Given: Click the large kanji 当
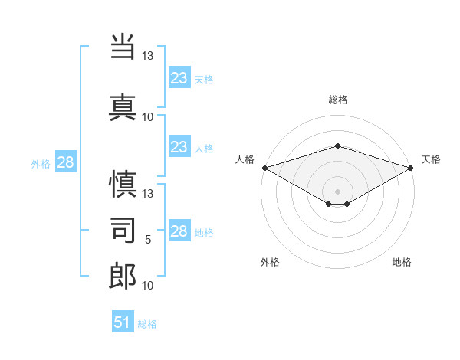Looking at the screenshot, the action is pyautogui.click(x=123, y=47).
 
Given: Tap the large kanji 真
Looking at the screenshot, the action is pyautogui.click(x=123, y=107).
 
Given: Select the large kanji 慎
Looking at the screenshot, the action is pyautogui.click(x=123, y=184).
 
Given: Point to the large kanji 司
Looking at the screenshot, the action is pyautogui.click(x=123, y=230).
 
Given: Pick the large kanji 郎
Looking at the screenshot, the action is pyautogui.click(x=123, y=276).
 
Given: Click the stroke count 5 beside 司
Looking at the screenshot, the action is pyautogui.click(x=148, y=240).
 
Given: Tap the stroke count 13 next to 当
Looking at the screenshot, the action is pyautogui.click(x=147, y=55).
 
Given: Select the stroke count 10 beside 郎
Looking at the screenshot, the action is pyautogui.click(x=147, y=285).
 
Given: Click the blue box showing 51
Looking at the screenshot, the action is pyautogui.click(x=123, y=321).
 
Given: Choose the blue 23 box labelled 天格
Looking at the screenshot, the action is pyautogui.click(x=179, y=77).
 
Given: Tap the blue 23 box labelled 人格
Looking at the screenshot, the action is pyautogui.click(x=179, y=146).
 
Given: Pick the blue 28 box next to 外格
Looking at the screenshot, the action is pyautogui.click(x=66, y=162).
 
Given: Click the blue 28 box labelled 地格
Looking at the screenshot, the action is pyautogui.click(x=179, y=230).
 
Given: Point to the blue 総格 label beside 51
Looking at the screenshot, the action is pyautogui.click(x=147, y=324).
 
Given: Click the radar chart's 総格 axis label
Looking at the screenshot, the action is pyautogui.click(x=338, y=100).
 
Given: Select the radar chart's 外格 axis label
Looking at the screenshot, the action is pyautogui.click(x=270, y=262).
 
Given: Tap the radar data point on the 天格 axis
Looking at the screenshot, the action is pyautogui.click(x=411, y=168).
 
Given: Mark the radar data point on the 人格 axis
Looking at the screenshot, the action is pyautogui.click(x=265, y=168).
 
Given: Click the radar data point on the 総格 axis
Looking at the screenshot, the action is pyautogui.click(x=337, y=146).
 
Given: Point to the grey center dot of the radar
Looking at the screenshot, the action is pyautogui.click(x=337, y=191).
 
